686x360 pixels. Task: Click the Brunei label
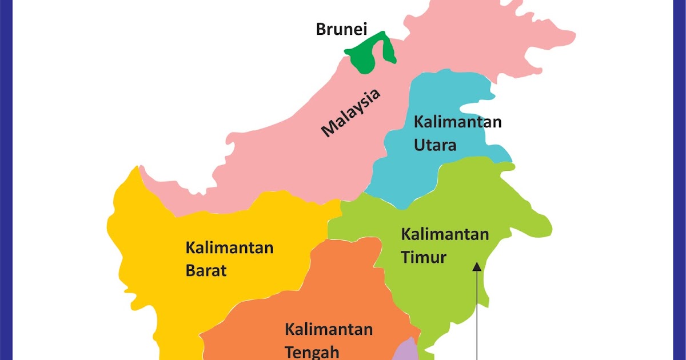pos(341,29)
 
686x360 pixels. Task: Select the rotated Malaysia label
pos(350,113)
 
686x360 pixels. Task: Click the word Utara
pos(434,145)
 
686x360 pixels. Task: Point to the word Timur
pos(423,257)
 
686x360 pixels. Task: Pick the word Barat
pos(206,270)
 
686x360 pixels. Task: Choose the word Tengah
pos(312,351)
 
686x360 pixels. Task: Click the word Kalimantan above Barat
pos(229,248)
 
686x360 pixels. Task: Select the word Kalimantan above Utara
pos(457,122)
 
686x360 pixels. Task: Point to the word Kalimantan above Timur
pos(445,234)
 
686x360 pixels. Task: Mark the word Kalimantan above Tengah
pos(329,329)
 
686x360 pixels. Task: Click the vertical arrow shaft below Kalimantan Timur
pos(477,320)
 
